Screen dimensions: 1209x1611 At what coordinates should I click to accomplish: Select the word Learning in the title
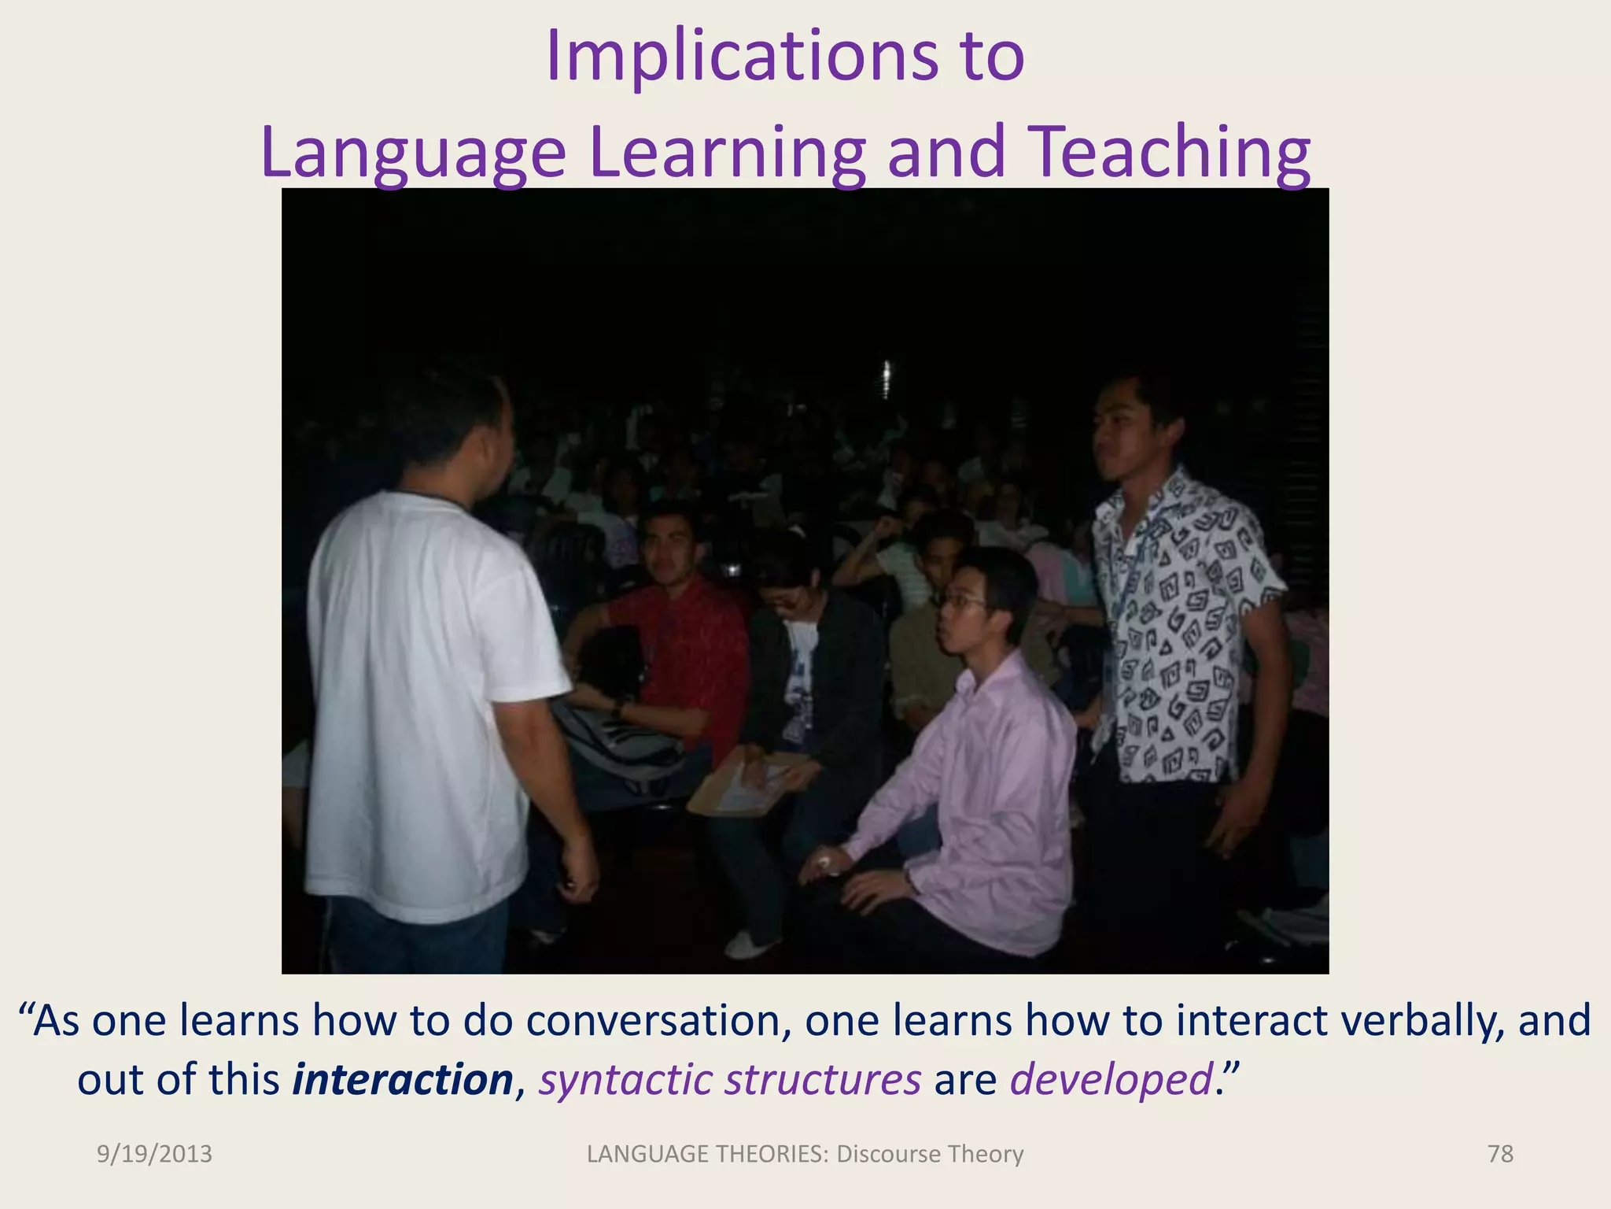pyautogui.click(x=727, y=153)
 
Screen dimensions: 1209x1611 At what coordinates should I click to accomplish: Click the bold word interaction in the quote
pyautogui.click(x=403, y=1079)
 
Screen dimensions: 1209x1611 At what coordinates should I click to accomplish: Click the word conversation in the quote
pyautogui.click(x=658, y=1021)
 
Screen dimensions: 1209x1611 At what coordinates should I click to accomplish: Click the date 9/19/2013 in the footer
pyautogui.click(x=154, y=1154)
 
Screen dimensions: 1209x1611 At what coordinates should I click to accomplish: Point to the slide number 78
pyautogui.click(x=1500, y=1154)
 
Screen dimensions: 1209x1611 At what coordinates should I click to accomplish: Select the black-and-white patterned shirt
pyautogui.click(x=1180, y=630)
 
